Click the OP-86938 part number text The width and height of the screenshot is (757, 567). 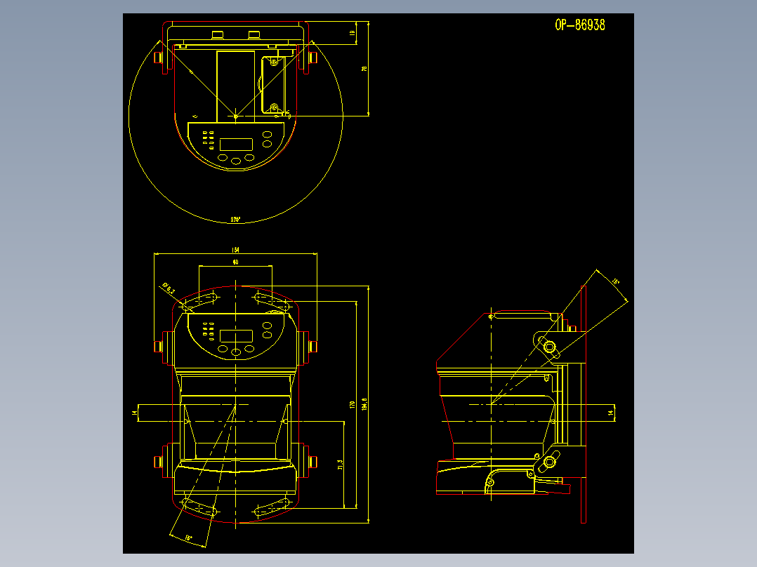point(579,25)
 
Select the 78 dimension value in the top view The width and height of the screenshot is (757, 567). point(364,69)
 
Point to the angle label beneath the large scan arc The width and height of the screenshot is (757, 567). point(235,220)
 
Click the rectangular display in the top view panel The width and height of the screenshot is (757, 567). point(236,144)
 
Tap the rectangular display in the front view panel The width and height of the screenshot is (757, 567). point(236,335)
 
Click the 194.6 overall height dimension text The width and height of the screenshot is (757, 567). point(364,406)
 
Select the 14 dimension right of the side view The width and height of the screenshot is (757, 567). point(610,413)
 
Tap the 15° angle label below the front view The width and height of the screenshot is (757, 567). point(188,538)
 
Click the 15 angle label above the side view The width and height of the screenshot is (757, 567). point(615,282)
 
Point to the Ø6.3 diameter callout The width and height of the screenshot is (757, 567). point(169,288)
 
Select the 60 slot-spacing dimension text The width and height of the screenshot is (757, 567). point(235,262)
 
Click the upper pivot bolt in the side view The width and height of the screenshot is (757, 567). point(548,345)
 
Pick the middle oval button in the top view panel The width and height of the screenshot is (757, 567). point(236,161)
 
